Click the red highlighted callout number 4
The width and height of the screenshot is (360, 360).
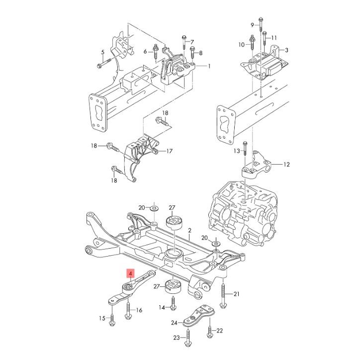coord(130,273)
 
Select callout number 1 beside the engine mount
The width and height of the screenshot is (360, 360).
coord(209,66)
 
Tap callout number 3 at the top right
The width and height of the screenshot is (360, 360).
coord(286,50)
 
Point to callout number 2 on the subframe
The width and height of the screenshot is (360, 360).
coord(189,231)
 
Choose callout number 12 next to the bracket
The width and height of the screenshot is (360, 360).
coord(287,164)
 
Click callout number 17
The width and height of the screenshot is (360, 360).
coord(169,151)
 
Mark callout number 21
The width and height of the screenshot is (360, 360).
coord(237,294)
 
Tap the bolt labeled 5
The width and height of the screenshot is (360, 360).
coord(101,63)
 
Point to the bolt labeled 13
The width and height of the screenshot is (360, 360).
coord(245,154)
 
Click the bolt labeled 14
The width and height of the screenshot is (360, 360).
coord(173,302)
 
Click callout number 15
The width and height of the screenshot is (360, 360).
coord(102,318)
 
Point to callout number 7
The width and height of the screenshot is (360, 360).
coord(192,42)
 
